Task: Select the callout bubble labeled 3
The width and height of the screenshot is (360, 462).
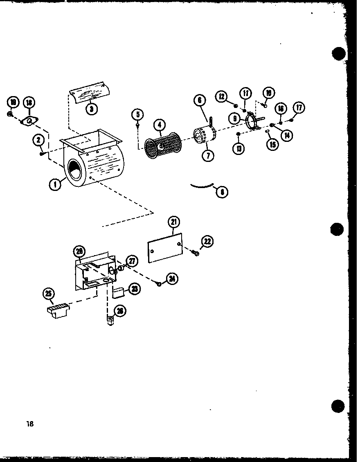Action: [x=92, y=109]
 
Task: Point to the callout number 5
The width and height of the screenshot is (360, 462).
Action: [x=138, y=114]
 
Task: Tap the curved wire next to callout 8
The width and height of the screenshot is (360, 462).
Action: [x=203, y=186]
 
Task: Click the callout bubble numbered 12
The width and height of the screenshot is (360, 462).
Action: [x=222, y=96]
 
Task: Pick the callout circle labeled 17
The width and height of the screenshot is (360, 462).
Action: [x=299, y=108]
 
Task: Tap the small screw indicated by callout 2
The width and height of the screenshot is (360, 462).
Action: [x=42, y=154]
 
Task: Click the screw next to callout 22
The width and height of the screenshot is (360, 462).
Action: [x=196, y=253]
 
